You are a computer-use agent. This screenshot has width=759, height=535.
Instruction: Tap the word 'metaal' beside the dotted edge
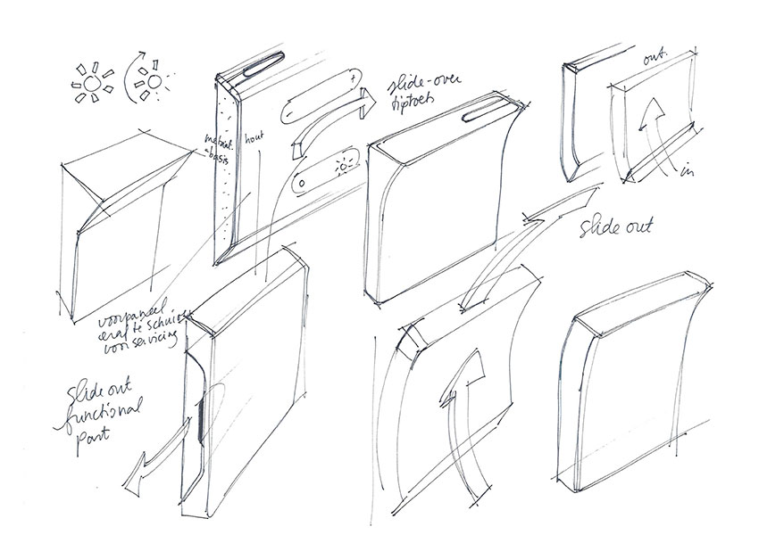[x=214, y=141]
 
